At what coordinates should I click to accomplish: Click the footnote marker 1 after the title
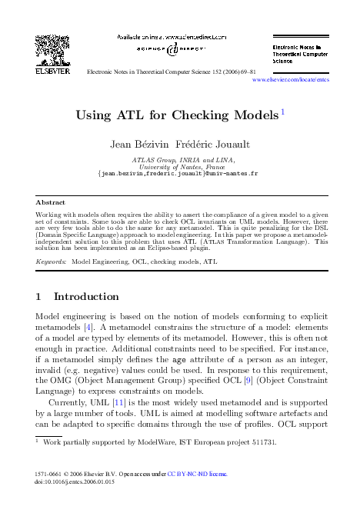pyautogui.click(x=283, y=112)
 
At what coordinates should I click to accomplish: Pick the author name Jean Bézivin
pyautogui.click(x=144, y=145)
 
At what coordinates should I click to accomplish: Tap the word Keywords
pyautogui.click(x=52, y=261)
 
